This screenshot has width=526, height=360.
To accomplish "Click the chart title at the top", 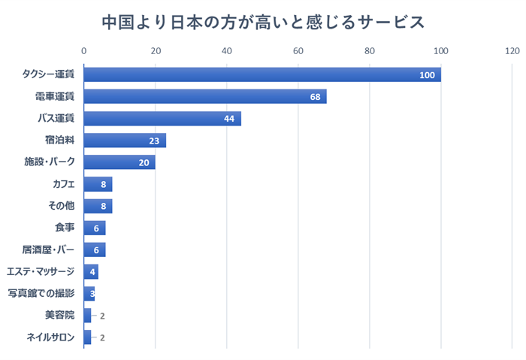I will click(263, 22).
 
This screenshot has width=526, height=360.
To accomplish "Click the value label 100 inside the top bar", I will click(428, 75).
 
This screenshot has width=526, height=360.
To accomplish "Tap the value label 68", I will click(316, 97).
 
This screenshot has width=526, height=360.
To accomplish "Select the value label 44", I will click(230, 119).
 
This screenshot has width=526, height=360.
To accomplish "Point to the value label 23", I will click(155, 141).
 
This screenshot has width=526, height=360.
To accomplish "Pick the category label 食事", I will click(65, 228).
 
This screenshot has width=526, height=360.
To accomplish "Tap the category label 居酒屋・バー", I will click(49, 250).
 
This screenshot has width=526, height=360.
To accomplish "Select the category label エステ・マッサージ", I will click(41, 271).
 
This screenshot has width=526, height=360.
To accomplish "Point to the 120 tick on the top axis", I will click(512, 51).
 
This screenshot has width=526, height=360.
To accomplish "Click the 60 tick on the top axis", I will click(298, 51).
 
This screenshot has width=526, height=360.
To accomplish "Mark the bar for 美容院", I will click(87, 315).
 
